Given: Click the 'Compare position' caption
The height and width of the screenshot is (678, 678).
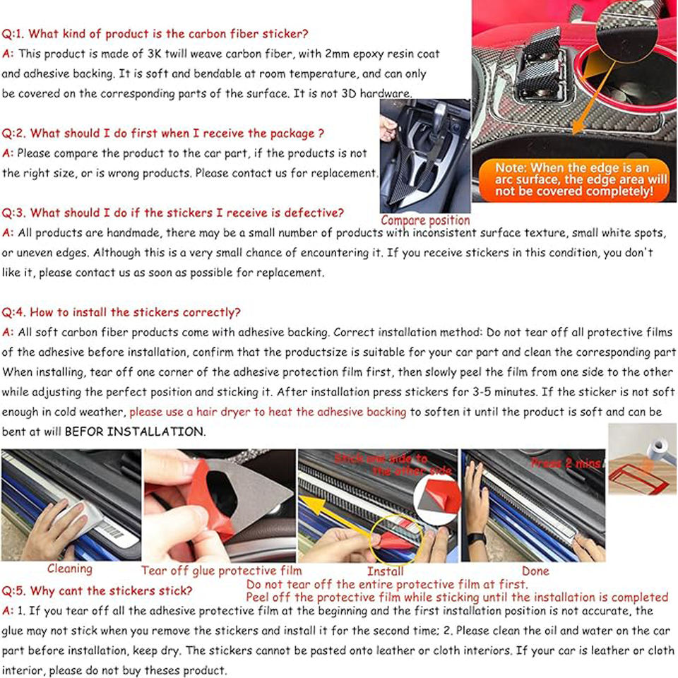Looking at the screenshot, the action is point(425,220).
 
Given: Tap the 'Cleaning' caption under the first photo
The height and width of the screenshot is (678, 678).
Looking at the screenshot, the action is point(70,569).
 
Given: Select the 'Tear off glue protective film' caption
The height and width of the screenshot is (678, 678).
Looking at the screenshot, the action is point(221,571).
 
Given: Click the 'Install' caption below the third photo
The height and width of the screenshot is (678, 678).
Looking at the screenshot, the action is point(385,571).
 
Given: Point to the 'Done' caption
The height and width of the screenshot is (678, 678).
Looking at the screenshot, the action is point(535,571).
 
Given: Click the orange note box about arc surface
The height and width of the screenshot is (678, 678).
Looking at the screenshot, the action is point(574,179).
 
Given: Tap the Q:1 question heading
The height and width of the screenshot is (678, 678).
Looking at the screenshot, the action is point(155,34).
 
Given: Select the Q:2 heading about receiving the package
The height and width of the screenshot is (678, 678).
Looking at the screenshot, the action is point(162,133).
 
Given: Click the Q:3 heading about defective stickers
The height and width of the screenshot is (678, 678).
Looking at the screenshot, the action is point(172,213).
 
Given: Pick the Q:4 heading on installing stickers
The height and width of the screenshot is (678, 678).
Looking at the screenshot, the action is point(121,312).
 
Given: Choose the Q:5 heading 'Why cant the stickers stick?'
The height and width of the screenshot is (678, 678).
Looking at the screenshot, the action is point(97,590).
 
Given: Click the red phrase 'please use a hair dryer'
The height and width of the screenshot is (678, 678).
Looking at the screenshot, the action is point(195,412).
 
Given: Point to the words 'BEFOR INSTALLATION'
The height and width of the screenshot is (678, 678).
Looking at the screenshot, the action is point(135,432).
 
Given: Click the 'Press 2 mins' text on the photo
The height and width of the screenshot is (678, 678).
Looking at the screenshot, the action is point(566,463).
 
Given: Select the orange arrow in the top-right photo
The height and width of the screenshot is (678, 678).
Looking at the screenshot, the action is point(594,98).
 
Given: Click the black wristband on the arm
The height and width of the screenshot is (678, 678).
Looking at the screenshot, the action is point(477,539).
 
